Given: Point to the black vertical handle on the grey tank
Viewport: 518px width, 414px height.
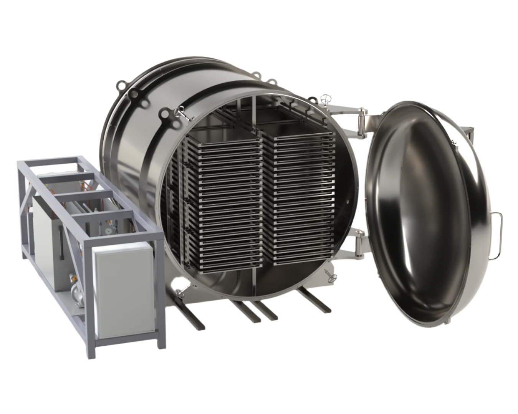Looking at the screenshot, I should pos(61,234).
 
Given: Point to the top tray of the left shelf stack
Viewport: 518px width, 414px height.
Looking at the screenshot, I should pos(223,140).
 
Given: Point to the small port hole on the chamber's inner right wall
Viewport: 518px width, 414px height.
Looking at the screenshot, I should pos(347,200).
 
